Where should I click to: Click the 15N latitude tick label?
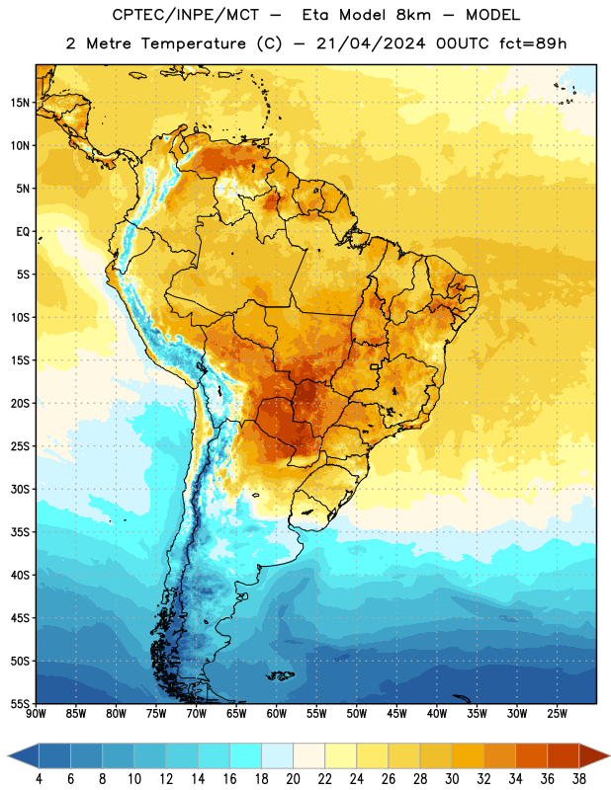point(20,103)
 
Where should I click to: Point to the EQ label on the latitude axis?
point(23,232)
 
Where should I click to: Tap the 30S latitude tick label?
point(20,489)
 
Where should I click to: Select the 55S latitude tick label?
point(20,704)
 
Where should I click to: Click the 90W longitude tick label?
point(36,714)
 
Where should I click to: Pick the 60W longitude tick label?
point(277,714)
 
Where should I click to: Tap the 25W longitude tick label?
point(557,714)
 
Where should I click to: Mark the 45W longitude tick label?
point(396,714)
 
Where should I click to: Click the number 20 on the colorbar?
point(293,779)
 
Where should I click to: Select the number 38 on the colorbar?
point(579,779)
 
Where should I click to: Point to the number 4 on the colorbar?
point(39,779)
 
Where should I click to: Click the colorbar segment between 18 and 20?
point(277,755)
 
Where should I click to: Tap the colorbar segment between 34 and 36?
point(531,755)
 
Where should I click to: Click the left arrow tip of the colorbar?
point(8,755)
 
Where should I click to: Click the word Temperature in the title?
point(193,43)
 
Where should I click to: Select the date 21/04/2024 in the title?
point(371,43)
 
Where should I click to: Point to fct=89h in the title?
point(533,43)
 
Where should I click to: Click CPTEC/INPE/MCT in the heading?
point(186,15)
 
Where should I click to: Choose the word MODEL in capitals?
point(492,15)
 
